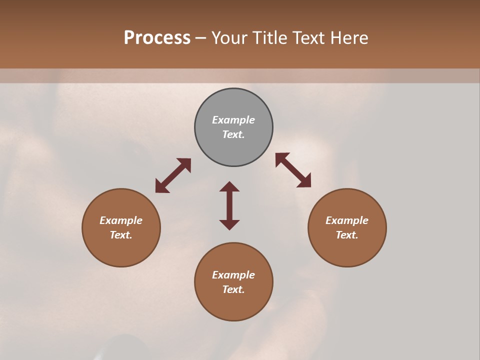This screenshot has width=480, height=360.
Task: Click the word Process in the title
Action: [157, 38]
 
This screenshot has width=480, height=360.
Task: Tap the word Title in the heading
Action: [269, 38]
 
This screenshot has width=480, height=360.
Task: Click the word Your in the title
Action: [230, 38]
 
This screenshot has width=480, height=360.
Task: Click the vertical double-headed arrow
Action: [229, 205]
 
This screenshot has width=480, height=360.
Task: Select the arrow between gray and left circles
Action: [173, 175]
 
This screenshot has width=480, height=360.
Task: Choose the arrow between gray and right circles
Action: [293, 170]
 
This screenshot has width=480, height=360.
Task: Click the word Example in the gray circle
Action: [233, 120]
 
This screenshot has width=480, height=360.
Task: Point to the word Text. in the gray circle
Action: [233, 134]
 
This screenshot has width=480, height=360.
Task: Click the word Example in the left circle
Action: [121, 220]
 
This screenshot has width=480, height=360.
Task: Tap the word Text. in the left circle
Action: [121, 235]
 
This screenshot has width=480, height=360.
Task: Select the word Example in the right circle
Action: [347, 220]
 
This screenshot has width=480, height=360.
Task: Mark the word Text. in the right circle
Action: [347, 235]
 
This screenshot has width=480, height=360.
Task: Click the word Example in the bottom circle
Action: [233, 275]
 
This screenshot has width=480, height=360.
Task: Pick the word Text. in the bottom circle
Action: [233, 289]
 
